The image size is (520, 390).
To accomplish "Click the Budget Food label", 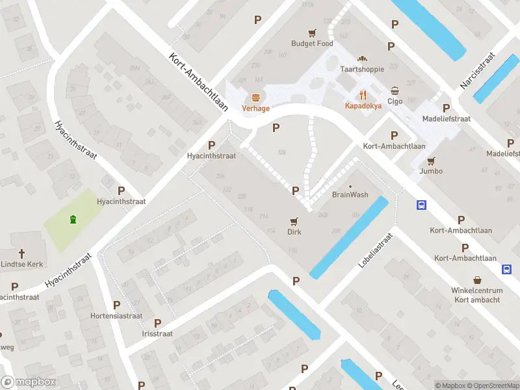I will point(312,44).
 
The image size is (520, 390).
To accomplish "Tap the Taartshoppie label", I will point(362,68).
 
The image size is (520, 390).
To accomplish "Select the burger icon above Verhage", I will point(256,97).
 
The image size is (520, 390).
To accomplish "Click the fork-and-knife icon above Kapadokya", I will point(363,94).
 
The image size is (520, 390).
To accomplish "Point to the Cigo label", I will point(395,101).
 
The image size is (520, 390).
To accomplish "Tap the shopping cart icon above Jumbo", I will point(431,161).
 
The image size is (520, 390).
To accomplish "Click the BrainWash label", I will point(350,194).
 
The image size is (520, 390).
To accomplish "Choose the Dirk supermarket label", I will point(294,231).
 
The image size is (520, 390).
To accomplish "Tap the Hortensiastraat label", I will point(116,316).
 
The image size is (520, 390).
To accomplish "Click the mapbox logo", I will point(29,382).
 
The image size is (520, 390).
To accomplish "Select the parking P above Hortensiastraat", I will point(116,304).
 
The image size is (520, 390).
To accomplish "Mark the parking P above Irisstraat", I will point(157,322).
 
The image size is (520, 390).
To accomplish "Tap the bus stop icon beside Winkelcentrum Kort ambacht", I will point(506,269).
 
